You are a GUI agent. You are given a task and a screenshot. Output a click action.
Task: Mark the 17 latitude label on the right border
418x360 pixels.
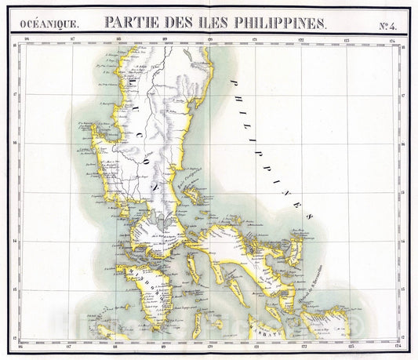[402, 98]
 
